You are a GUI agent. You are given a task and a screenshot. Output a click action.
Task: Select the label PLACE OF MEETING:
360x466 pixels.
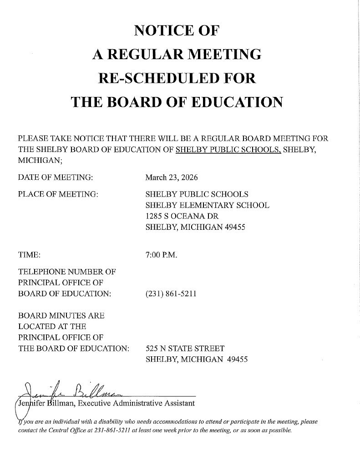coord(58,194)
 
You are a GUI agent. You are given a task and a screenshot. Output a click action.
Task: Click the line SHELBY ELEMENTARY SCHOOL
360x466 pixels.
coord(207,206)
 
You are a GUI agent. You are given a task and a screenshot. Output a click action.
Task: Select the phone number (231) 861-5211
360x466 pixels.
coord(171,294)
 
